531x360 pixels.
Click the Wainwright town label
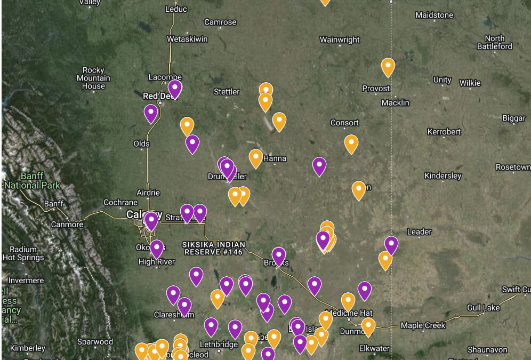[x=340, y=40]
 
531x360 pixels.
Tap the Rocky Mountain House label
[x=93, y=78]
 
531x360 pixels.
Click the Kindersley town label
[x=442, y=176]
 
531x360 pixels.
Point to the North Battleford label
[x=494, y=43]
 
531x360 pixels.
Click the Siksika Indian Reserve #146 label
[x=213, y=247]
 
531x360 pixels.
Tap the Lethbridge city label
[x=219, y=345]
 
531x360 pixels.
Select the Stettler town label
[x=227, y=92]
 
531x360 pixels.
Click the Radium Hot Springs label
[x=23, y=253]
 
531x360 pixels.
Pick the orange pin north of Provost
[x=388, y=67]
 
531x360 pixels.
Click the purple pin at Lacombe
[x=175, y=88]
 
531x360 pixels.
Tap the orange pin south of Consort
[x=351, y=143]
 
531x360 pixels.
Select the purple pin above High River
[x=156, y=249]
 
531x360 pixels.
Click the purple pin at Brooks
[x=278, y=255]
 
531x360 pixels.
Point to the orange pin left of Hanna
[x=256, y=158]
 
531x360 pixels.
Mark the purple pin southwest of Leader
[x=391, y=244]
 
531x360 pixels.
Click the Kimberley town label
[x=27, y=348]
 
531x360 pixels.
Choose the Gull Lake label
[x=483, y=308]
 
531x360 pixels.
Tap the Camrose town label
[x=220, y=22]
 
